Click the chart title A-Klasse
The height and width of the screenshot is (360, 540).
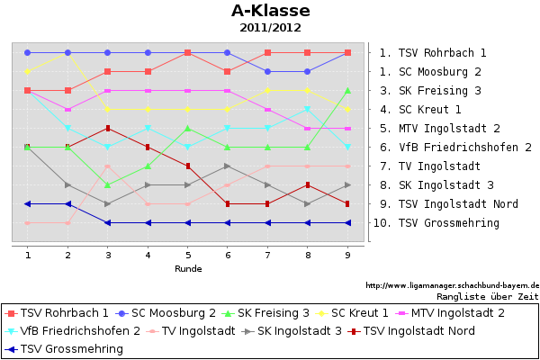(x=270, y=11)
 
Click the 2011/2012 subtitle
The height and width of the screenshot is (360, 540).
(x=270, y=28)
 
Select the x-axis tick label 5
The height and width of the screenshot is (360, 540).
(x=187, y=256)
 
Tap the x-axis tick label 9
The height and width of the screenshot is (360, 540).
(x=347, y=256)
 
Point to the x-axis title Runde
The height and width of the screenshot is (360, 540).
(x=187, y=268)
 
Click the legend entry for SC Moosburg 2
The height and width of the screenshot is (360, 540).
(x=174, y=312)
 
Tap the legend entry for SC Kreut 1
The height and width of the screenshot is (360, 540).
(x=359, y=312)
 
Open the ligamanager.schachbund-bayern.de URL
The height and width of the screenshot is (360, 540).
(x=452, y=285)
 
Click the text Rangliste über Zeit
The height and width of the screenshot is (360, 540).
(x=487, y=295)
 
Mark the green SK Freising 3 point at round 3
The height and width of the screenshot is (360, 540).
(x=107, y=185)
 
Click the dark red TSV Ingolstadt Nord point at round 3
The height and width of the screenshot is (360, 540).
(x=107, y=129)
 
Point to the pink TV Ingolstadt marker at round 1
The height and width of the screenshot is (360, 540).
(x=28, y=223)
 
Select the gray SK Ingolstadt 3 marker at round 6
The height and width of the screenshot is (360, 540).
(x=228, y=166)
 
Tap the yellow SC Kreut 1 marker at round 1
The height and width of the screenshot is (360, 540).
(x=28, y=72)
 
